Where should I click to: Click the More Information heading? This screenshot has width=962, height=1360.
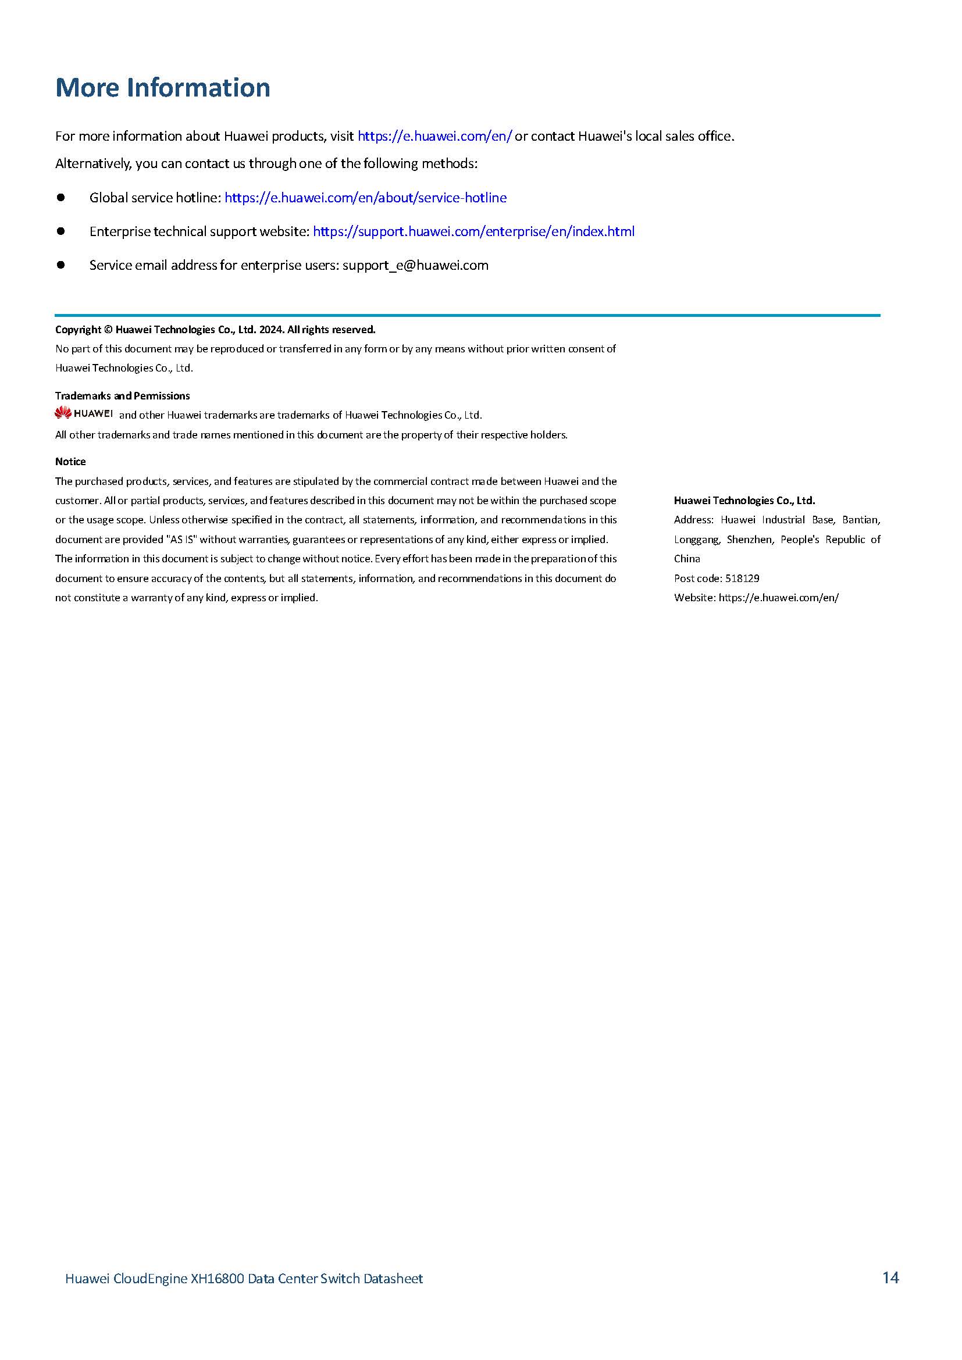click(x=163, y=88)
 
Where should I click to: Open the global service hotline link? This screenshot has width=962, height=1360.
click(x=365, y=198)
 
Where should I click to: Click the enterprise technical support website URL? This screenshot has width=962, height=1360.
click(x=473, y=231)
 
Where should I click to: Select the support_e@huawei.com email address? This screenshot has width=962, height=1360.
click(x=415, y=265)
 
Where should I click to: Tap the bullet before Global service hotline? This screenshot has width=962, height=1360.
click(x=60, y=197)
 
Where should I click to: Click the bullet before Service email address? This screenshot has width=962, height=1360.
click(x=60, y=265)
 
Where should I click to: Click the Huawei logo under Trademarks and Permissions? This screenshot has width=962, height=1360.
click(x=84, y=413)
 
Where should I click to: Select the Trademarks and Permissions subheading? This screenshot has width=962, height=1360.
click(x=123, y=396)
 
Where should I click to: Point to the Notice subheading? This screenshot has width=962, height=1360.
click(x=70, y=462)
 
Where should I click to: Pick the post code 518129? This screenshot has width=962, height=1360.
click(x=742, y=578)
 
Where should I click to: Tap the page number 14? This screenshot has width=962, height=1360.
click(x=890, y=1277)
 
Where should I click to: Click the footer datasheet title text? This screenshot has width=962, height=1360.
click(x=244, y=1279)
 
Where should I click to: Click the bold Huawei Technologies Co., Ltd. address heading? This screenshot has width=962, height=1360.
click(x=744, y=501)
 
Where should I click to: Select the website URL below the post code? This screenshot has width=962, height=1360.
click(x=778, y=598)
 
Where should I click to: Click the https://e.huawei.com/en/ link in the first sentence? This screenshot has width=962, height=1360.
click(x=434, y=136)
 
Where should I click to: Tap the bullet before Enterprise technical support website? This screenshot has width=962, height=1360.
click(x=60, y=231)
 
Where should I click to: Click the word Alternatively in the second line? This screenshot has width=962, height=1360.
click(x=93, y=163)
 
